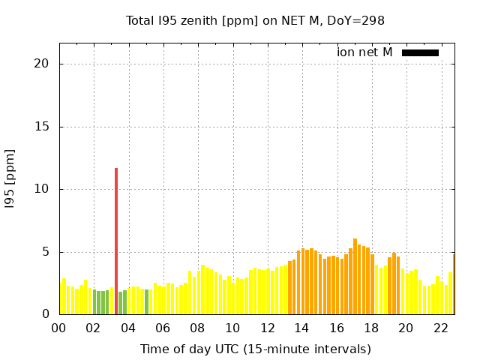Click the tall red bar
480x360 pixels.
pyautogui.click(x=116, y=240)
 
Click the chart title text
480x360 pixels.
pyautogui.click(x=255, y=20)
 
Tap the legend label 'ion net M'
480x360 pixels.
pyautogui.click(x=364, y=52)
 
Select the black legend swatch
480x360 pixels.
pyautogui.click(x=420, y=52)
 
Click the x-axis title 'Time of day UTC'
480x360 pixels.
pyautogui.click(x=255, y=349)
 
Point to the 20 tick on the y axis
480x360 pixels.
pyautogui.click(x=42, y=64)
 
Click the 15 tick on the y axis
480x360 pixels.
pyautogui.click(x=42, y=127)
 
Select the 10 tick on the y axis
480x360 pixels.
pyautogui.click(x=42, y=189)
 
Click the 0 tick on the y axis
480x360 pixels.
pyautogui.click(x=45, y=315)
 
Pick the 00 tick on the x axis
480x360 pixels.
pyautogui.click(x=58, y=328)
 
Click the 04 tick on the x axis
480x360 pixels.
pyautogui.click(x=128, y=328)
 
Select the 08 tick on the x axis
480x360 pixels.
pyautogui.click(x=197, y=328)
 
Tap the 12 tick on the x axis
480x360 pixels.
pyautogui.click(x=267, y=328)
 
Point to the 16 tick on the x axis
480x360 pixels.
pyautogui.click(x=336, y=328)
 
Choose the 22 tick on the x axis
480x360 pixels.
pyautogui.click(x=440, y=328)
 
